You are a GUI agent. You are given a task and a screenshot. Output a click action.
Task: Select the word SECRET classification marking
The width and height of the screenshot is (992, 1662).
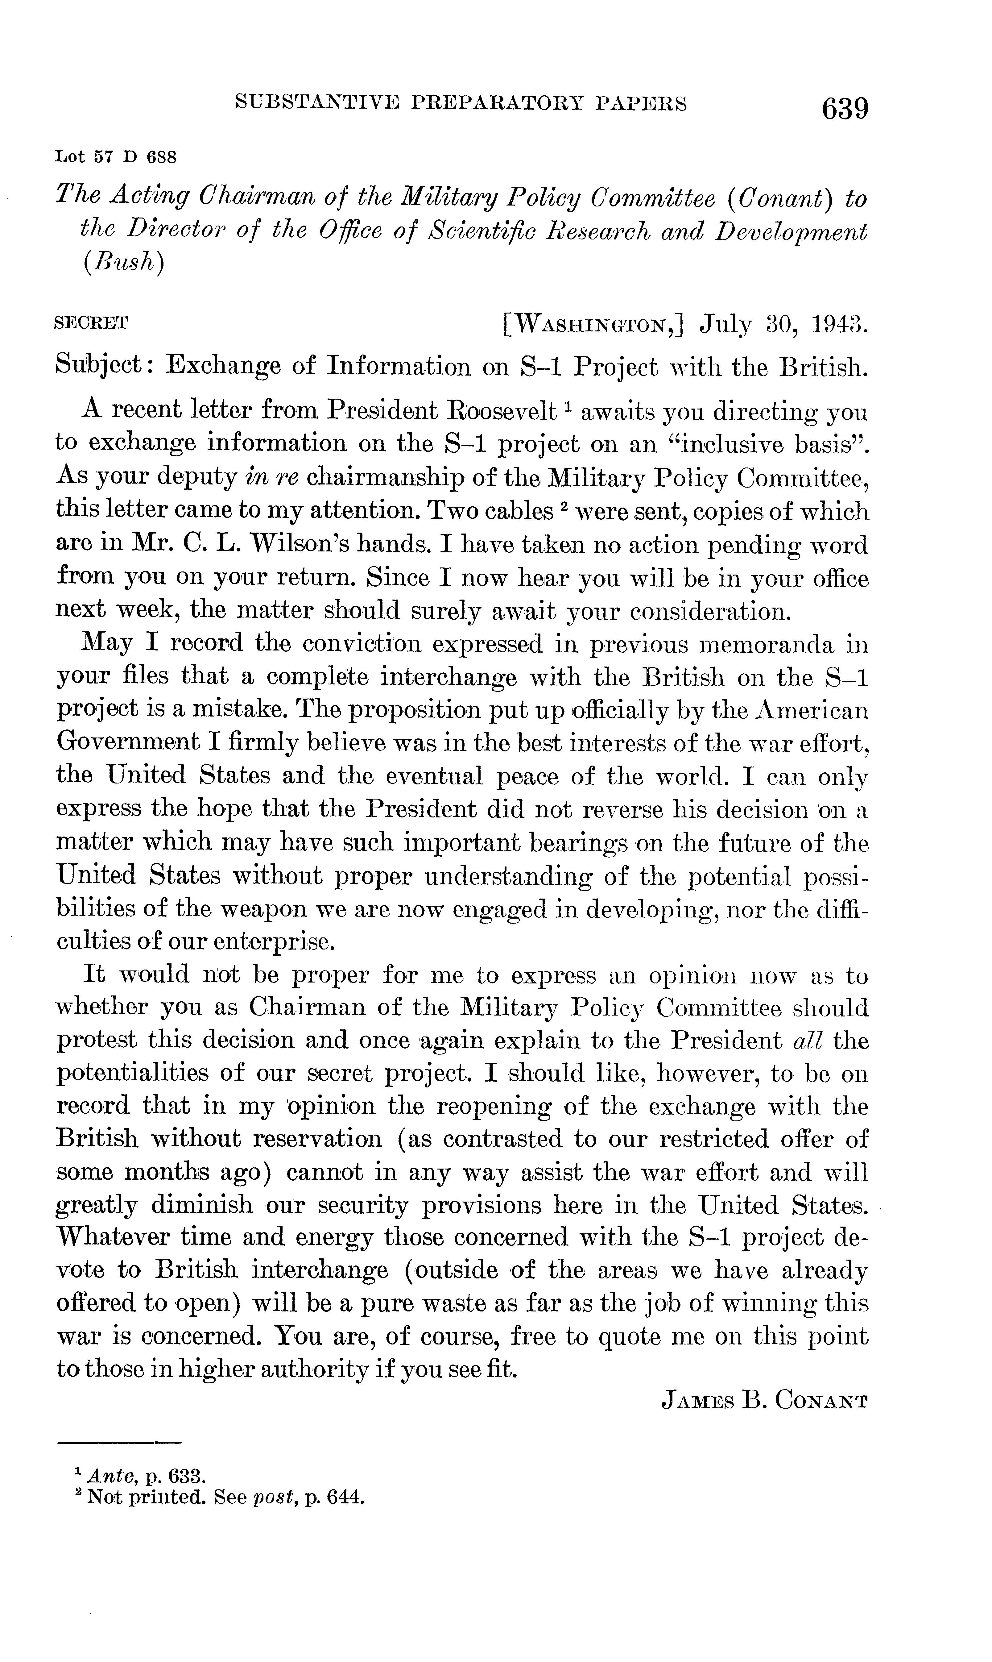(91, 323)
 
